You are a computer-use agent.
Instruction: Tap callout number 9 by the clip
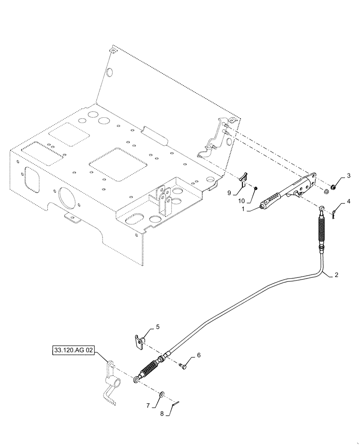tap(229, 193)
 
